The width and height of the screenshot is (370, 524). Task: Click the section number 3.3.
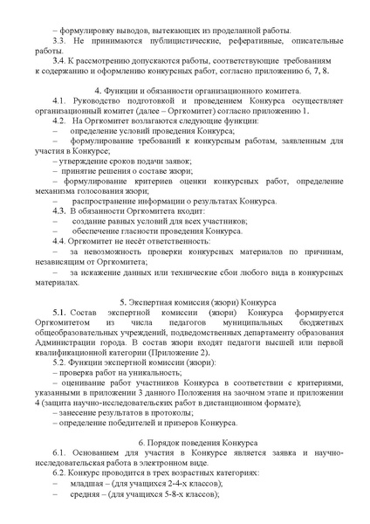[x=60, y=41]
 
